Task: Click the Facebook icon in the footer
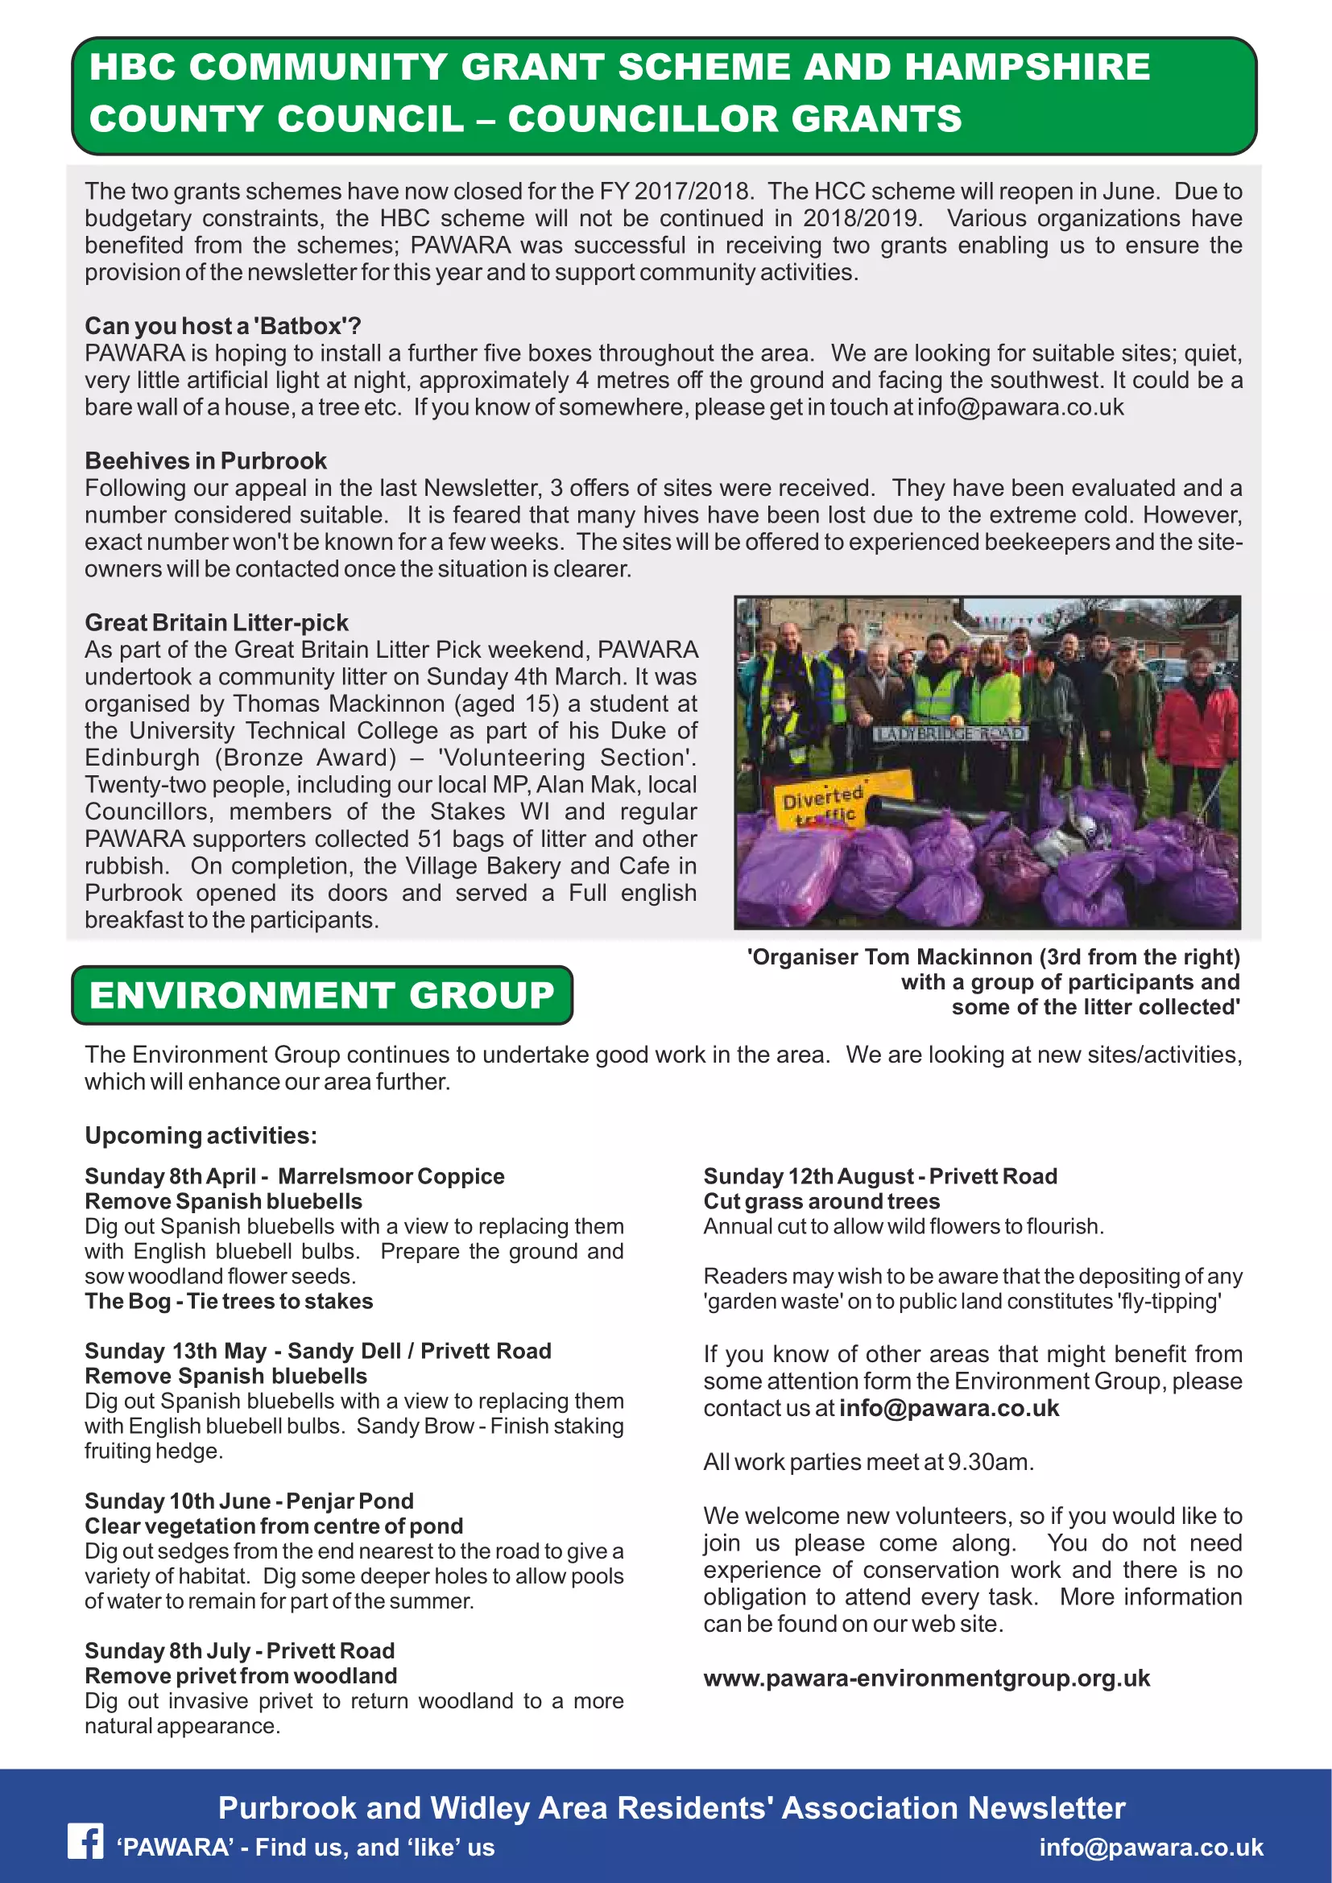(x=85, y=1842)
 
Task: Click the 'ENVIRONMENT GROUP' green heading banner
(x=321, y=995)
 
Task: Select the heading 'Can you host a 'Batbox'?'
(x=222, y=326)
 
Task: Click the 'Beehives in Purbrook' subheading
(x=205, y=461)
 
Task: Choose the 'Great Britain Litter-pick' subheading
(x=217, y=622)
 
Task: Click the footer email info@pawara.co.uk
(x=1151, y=1847)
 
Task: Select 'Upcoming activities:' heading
(x=201, y=1135)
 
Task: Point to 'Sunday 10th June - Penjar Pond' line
(x=249, y=1501)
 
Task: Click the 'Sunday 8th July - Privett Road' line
(x=239, y=1651)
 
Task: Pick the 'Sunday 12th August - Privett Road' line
(x=880, y=1176)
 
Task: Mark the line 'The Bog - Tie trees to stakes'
(x=228, y=1302)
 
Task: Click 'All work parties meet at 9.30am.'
(x=868, y=1462)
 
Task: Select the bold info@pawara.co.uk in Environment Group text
(x=949, y=1408)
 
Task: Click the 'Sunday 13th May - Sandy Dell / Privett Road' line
(x=317, y=1351)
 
